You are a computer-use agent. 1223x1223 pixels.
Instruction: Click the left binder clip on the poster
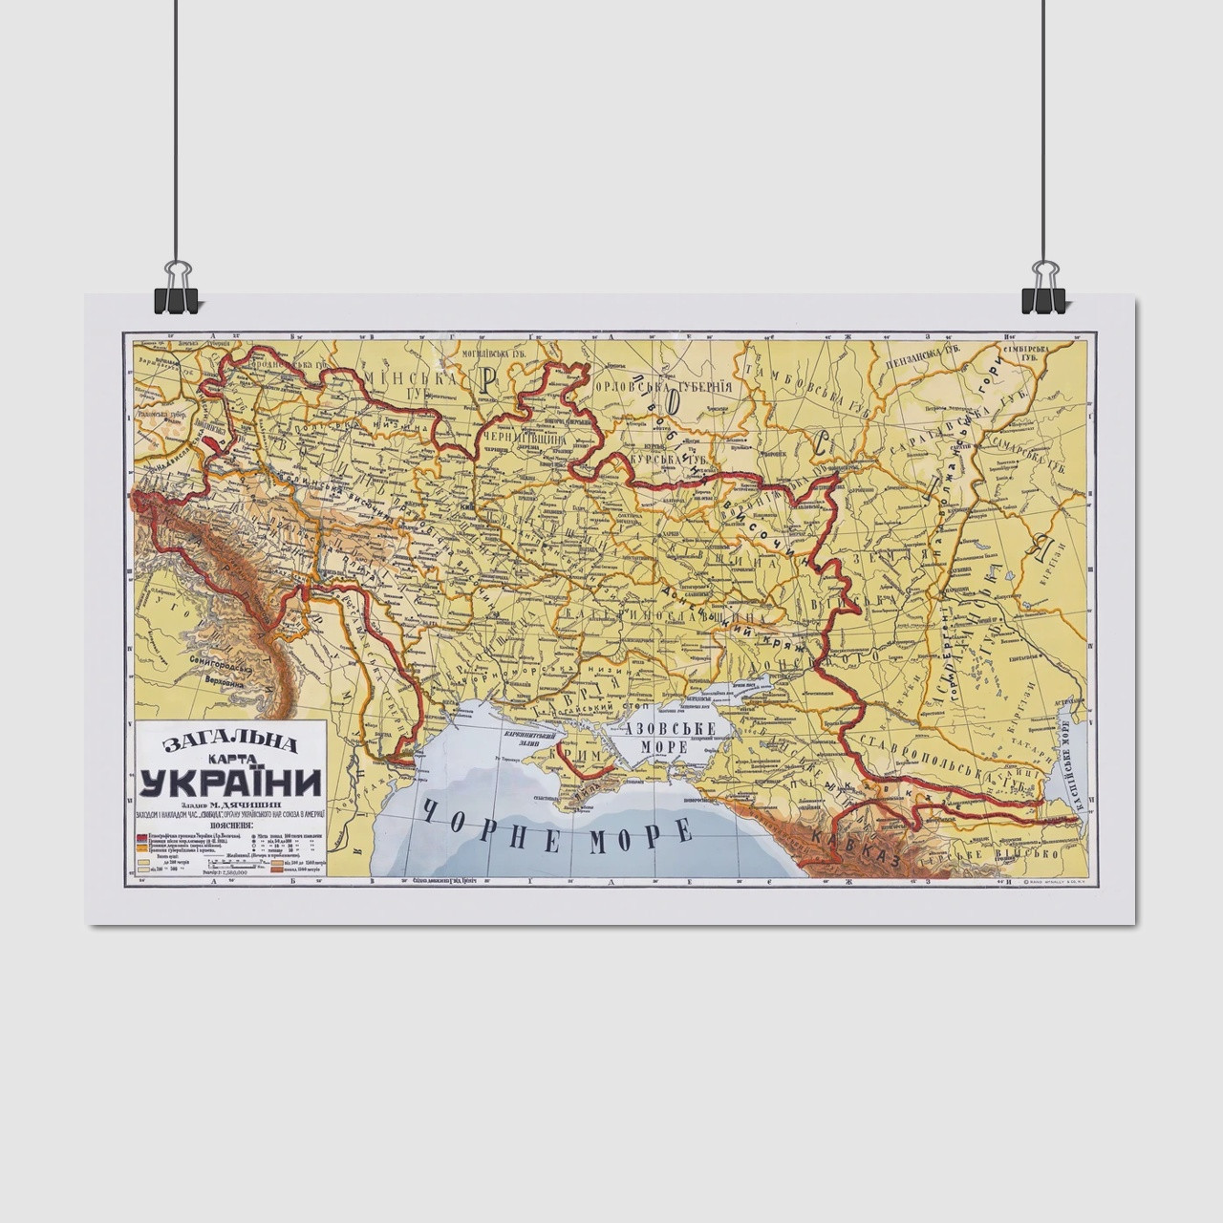pos(176,289)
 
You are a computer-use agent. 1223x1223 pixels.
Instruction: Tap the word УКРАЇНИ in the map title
pos(230,782)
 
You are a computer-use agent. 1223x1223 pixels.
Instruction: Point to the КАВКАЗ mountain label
pos(855,847)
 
